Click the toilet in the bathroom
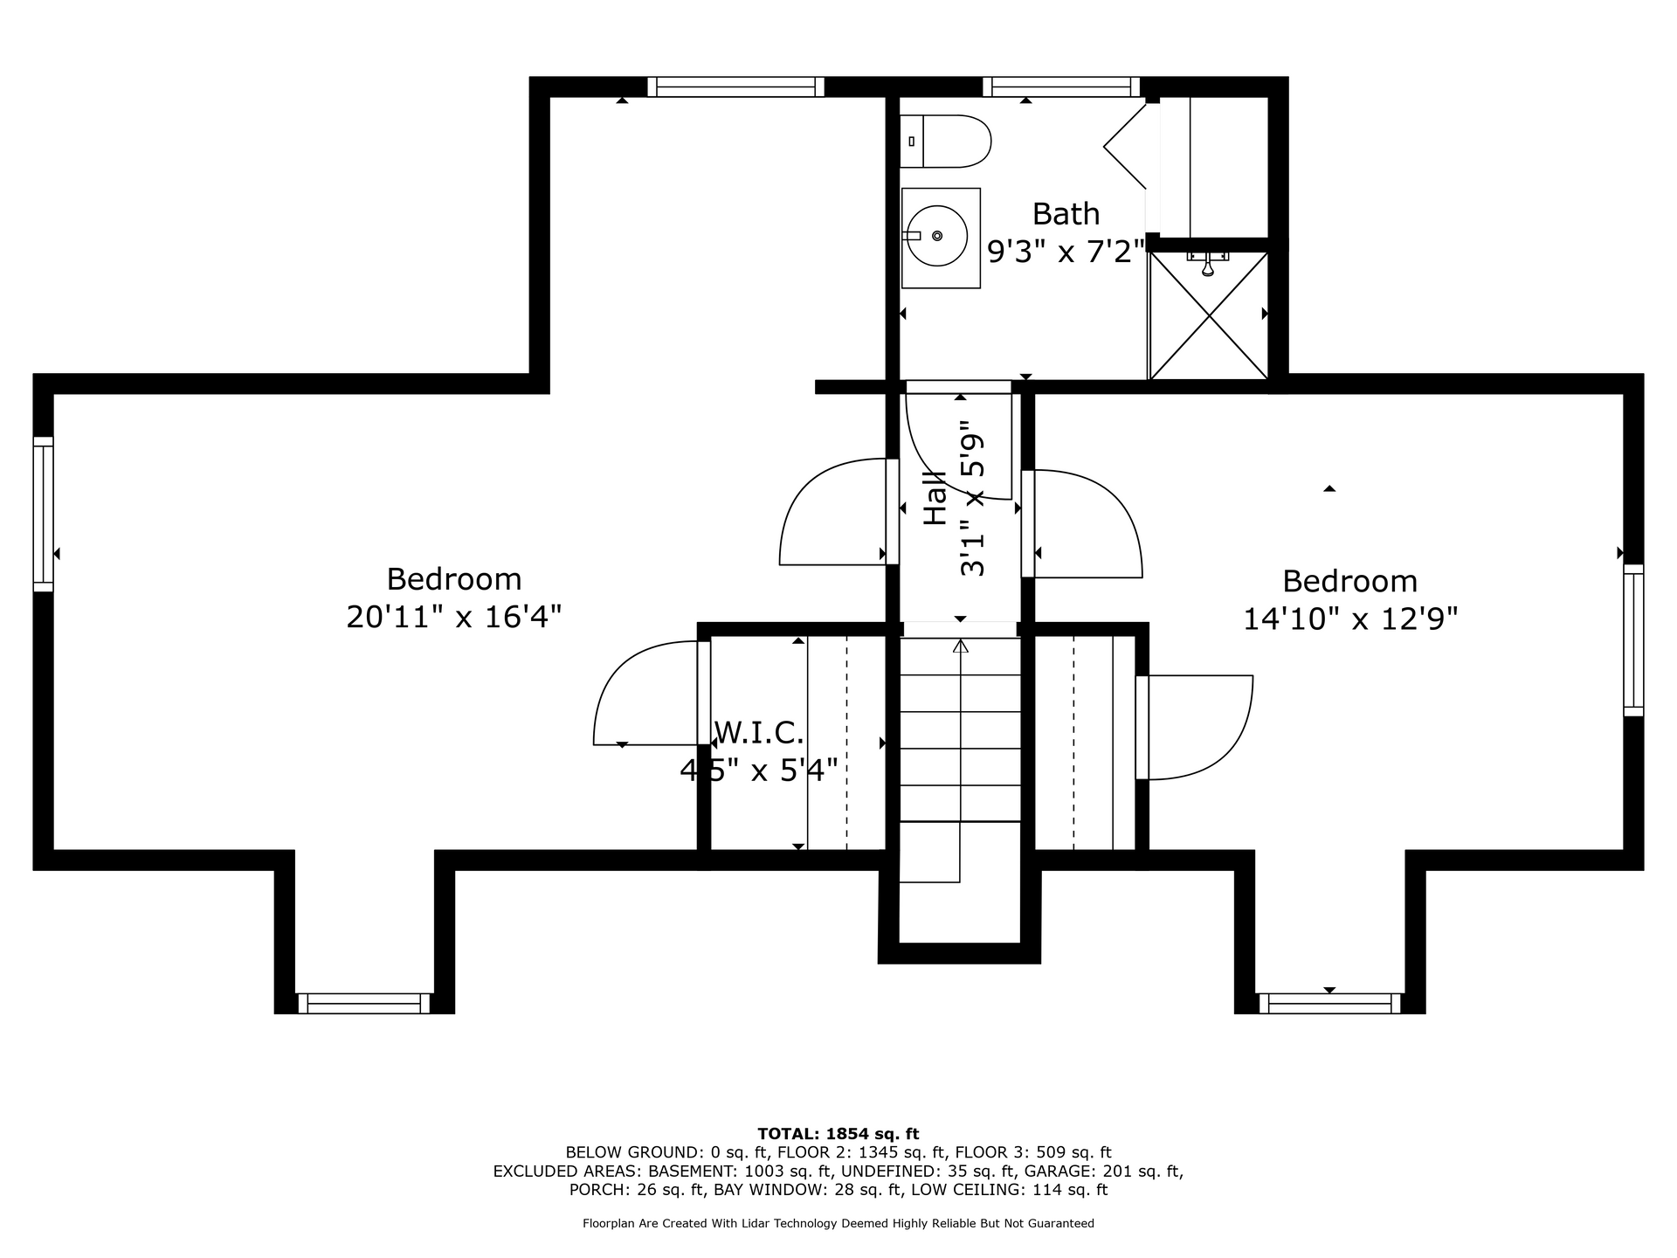coord(945,142)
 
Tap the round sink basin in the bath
coord(935,236)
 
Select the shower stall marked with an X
coord(1208,315)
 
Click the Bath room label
coord(1066,214)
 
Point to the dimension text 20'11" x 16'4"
coord(453,618)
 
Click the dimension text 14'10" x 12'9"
coord(1350,619)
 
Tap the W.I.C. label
coord(759,732)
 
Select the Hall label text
coord(935,499)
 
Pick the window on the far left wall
coord(44,514)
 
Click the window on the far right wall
coord(1633,640)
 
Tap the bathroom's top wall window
coord(1061,86)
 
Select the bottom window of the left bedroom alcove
coord(364,1003)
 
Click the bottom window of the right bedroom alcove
coord(1329,1003)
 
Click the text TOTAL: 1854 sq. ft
coord(838,1134)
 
